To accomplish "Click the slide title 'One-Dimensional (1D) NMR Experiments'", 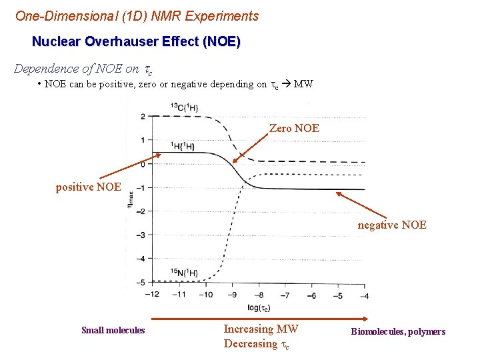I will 137,15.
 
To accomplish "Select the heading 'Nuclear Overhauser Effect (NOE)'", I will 136,41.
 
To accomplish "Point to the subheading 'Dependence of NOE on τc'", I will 83,69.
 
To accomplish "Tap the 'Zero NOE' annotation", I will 294,128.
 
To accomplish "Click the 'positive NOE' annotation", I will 88,187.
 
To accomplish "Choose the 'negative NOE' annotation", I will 392,225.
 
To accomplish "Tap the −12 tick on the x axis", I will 152,295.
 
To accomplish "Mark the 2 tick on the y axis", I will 143,117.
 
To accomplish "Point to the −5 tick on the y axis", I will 141,283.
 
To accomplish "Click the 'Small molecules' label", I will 113,331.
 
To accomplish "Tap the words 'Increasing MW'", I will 261,329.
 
